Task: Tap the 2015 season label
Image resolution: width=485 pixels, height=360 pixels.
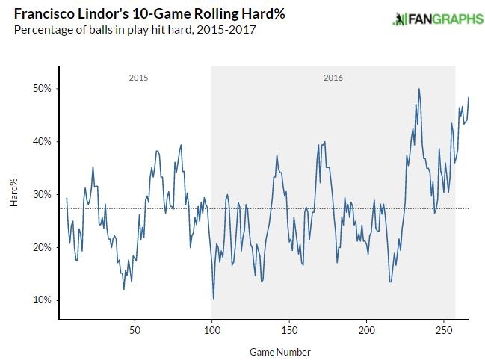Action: tap(138, 78)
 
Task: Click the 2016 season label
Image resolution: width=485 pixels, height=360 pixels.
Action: tap(333, 78)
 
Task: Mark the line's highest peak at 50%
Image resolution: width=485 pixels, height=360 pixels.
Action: tap(419, 89)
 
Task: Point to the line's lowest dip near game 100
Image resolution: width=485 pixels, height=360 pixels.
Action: tap(214, 299)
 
